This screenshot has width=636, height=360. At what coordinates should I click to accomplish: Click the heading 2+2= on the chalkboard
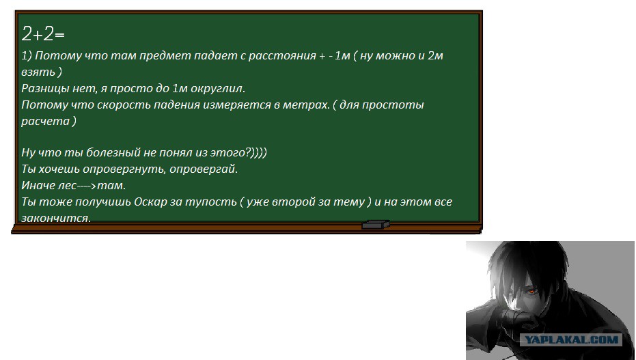43,33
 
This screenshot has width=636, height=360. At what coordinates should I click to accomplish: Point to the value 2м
435,55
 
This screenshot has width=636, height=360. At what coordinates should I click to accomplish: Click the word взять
38,72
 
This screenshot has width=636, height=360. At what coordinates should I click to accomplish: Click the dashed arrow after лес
87,186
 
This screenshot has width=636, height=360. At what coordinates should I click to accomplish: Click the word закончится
56,218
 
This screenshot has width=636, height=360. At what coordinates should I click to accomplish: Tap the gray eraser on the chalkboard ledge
376,225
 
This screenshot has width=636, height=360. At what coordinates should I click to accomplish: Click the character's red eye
531,290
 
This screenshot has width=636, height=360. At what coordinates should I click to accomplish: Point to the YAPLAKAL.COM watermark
572,340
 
